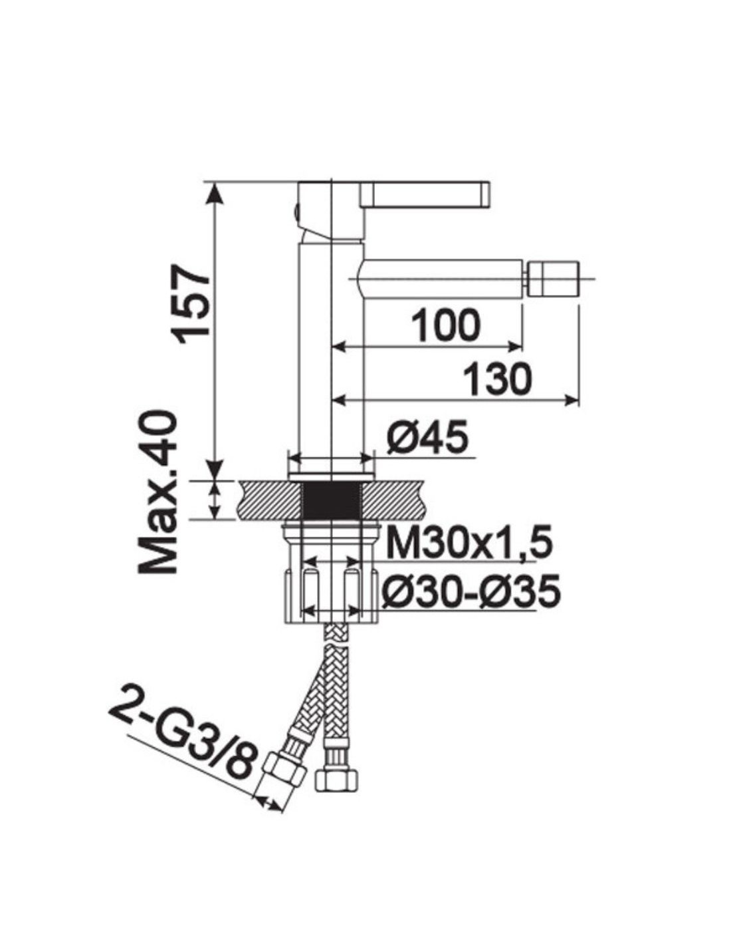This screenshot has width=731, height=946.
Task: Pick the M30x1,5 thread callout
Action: [x=469, y=542]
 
